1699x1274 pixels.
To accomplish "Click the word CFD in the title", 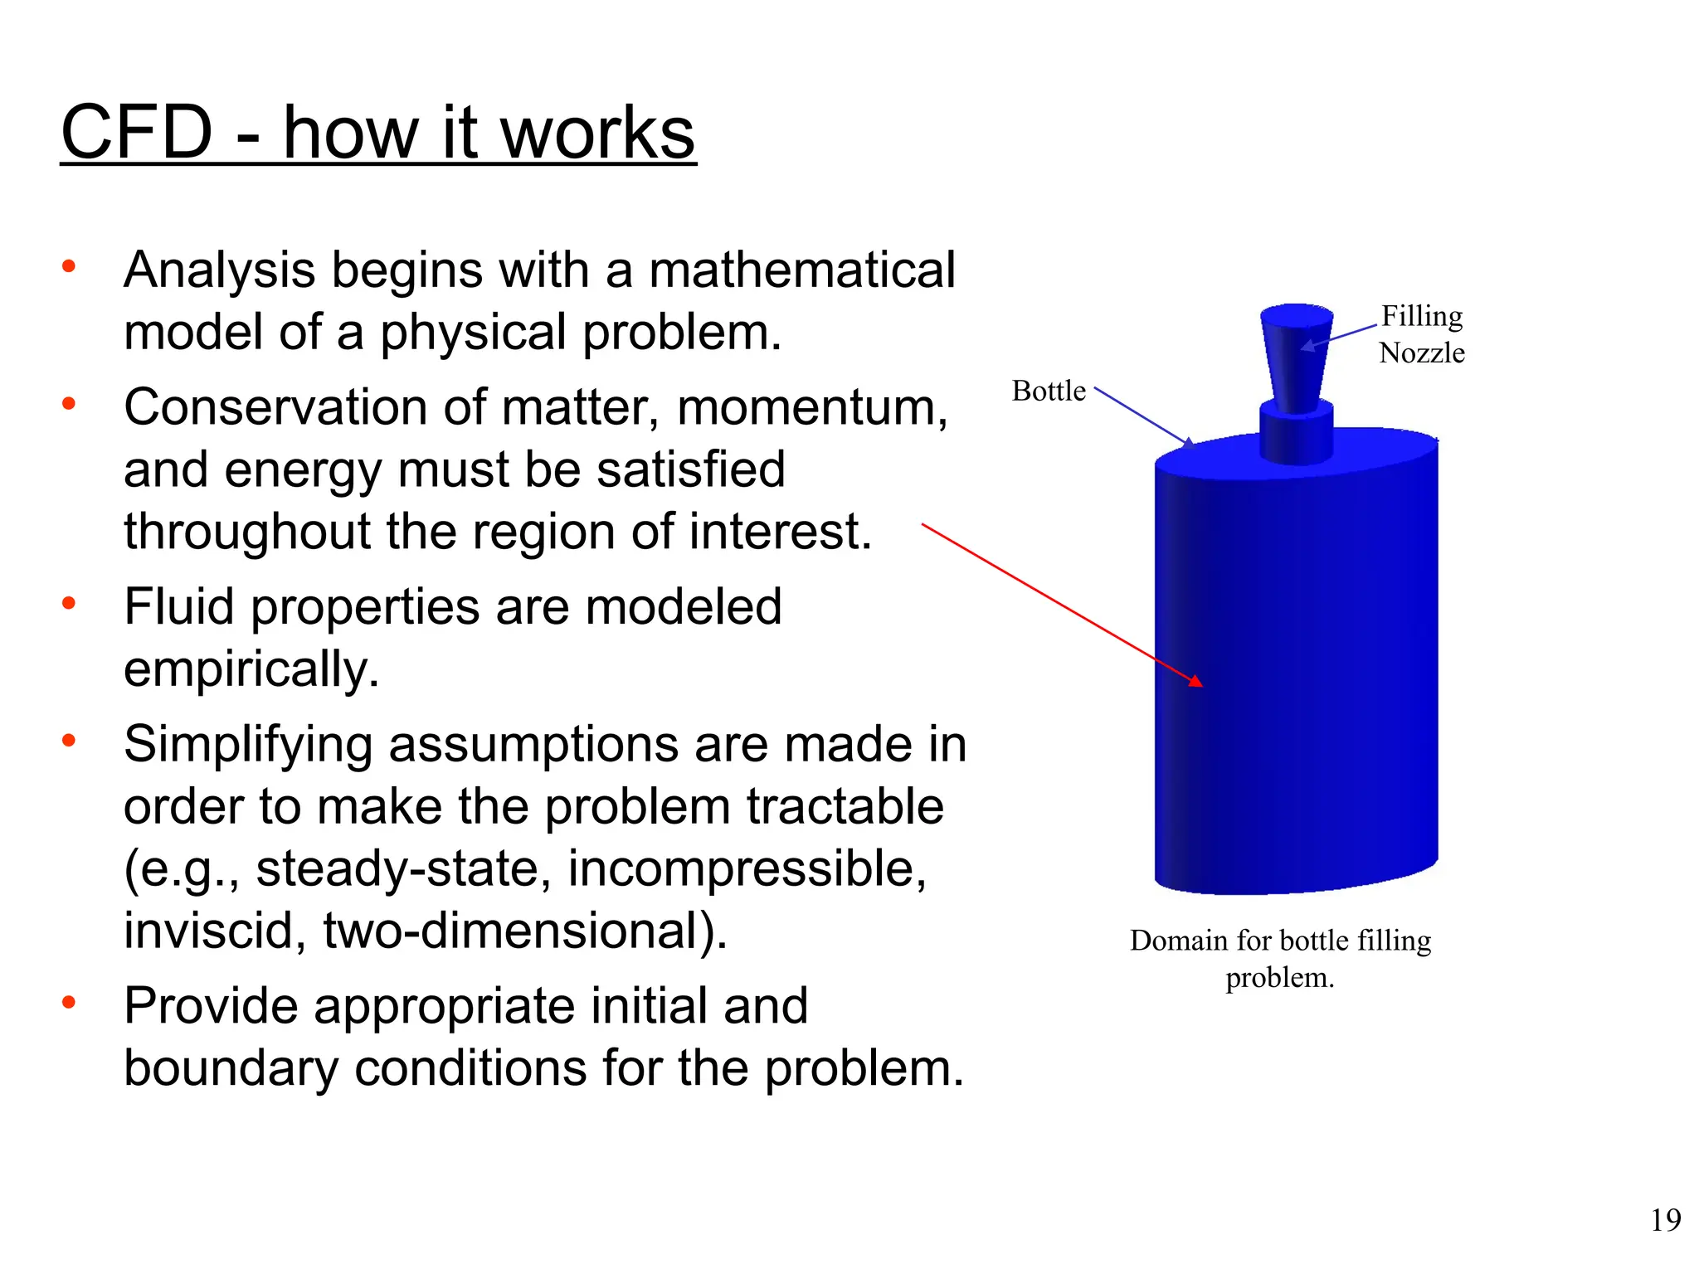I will (138, 133).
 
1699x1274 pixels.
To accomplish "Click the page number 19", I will (1665, 1220).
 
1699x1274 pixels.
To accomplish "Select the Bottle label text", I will (1049, 391).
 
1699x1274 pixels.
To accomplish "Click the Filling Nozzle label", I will (1421, 334).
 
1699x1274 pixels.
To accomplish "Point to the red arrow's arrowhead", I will (1195, 682).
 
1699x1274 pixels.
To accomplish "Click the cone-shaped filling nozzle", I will (1296, 357).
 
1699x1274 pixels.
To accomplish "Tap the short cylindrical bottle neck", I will (1296, 431).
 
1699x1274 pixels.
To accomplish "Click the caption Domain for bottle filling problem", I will (1280, 959).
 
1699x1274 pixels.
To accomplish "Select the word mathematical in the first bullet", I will (801, 270).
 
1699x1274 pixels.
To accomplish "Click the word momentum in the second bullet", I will (811, 408).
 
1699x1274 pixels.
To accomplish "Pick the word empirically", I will (251, 670).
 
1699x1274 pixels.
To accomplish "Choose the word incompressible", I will (747, 868).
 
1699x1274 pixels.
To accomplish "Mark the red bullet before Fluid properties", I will (69, 603).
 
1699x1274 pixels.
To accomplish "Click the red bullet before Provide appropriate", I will (69, 1003).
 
